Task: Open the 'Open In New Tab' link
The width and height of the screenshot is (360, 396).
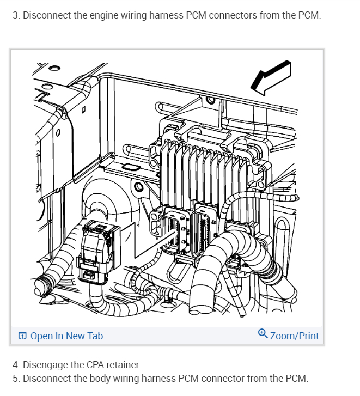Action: (x=66, y=336)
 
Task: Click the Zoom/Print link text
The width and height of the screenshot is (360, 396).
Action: (x=294, y=336)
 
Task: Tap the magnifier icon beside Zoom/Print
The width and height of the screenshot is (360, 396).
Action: (x=263, y=335)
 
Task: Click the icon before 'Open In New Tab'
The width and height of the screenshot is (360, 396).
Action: (x=22, y=336)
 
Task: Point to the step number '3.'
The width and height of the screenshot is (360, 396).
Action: (x=16, y=15)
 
